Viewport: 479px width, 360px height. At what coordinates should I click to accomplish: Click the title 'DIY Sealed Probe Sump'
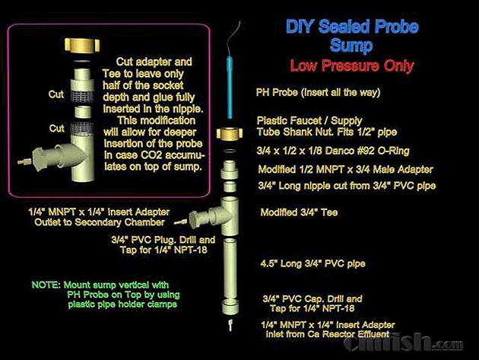pos(352,36)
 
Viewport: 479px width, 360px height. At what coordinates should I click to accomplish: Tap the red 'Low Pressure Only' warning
pos(352,65)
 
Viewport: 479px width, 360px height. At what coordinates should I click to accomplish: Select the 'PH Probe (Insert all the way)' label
pos(318,92)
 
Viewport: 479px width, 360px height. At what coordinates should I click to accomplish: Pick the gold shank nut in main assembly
pos(230,133)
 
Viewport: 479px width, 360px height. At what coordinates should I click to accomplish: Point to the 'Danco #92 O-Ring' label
pos(333,151)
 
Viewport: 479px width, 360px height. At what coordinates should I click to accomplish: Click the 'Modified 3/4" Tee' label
pos(299,212)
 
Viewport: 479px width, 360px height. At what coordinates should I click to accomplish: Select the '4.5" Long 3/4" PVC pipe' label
pos(312,263)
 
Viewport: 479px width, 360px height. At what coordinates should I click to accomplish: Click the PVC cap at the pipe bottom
pos(230,307)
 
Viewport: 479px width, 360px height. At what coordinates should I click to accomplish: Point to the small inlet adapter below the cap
pos(230,325)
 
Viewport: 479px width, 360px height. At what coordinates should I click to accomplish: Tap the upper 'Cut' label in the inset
pos(56,94)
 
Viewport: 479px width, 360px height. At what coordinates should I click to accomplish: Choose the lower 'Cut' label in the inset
pos(57,128)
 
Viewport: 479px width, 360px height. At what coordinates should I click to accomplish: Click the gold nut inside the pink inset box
pos(82,45)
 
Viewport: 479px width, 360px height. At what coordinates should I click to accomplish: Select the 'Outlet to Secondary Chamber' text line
pos(100,222)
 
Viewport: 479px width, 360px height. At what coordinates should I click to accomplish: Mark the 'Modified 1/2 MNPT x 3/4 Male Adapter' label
pos(345,170)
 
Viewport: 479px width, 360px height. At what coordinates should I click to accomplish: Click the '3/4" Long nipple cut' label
pos(347,186)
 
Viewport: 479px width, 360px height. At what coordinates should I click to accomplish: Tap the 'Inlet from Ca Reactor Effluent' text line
pos(328,334)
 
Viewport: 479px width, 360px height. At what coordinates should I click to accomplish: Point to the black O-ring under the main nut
pos(230,151)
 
